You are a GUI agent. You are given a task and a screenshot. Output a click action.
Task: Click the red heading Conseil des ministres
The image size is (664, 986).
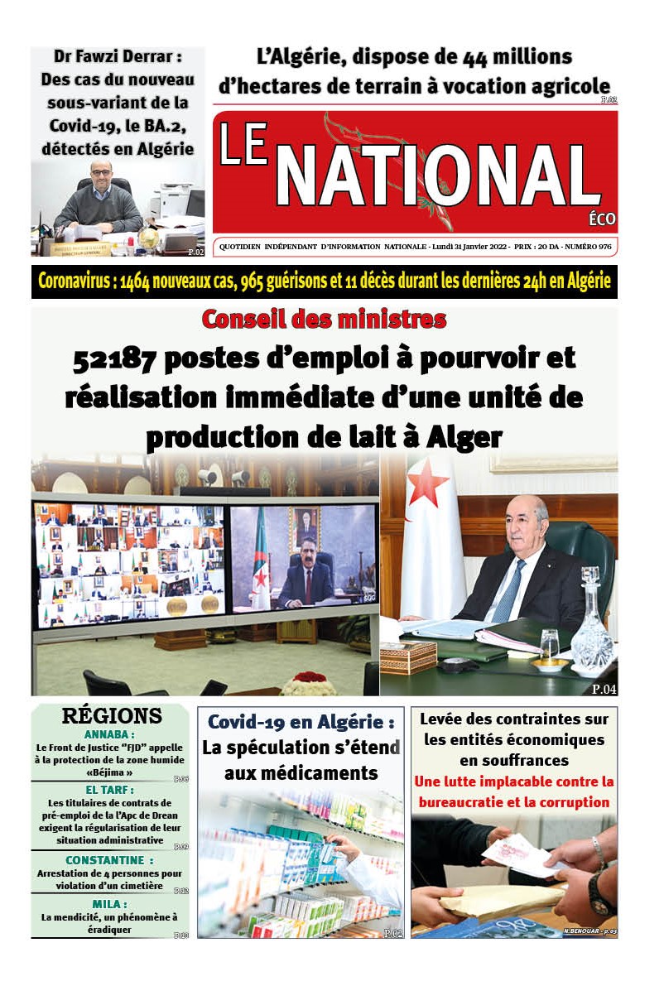324,319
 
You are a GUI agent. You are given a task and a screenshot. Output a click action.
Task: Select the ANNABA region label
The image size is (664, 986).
109,733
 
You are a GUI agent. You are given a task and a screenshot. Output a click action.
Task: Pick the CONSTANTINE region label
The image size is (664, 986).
109,860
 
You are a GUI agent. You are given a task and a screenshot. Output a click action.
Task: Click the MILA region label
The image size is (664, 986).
109,903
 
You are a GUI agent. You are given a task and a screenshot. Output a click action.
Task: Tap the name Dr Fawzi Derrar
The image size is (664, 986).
118,58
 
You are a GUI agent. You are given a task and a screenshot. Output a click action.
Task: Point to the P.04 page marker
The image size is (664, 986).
604,688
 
